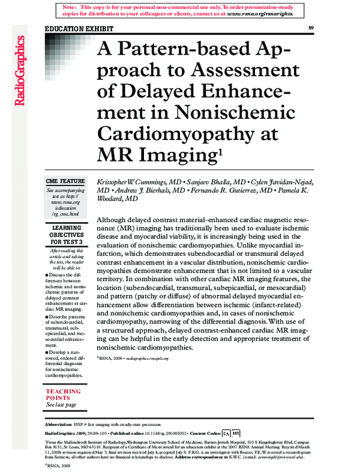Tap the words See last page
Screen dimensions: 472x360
tap(61, 405)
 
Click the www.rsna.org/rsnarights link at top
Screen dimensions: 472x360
tap(260, 13)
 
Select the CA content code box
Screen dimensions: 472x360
tap(226, 432)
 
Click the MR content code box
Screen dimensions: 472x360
tap(236, 432)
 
